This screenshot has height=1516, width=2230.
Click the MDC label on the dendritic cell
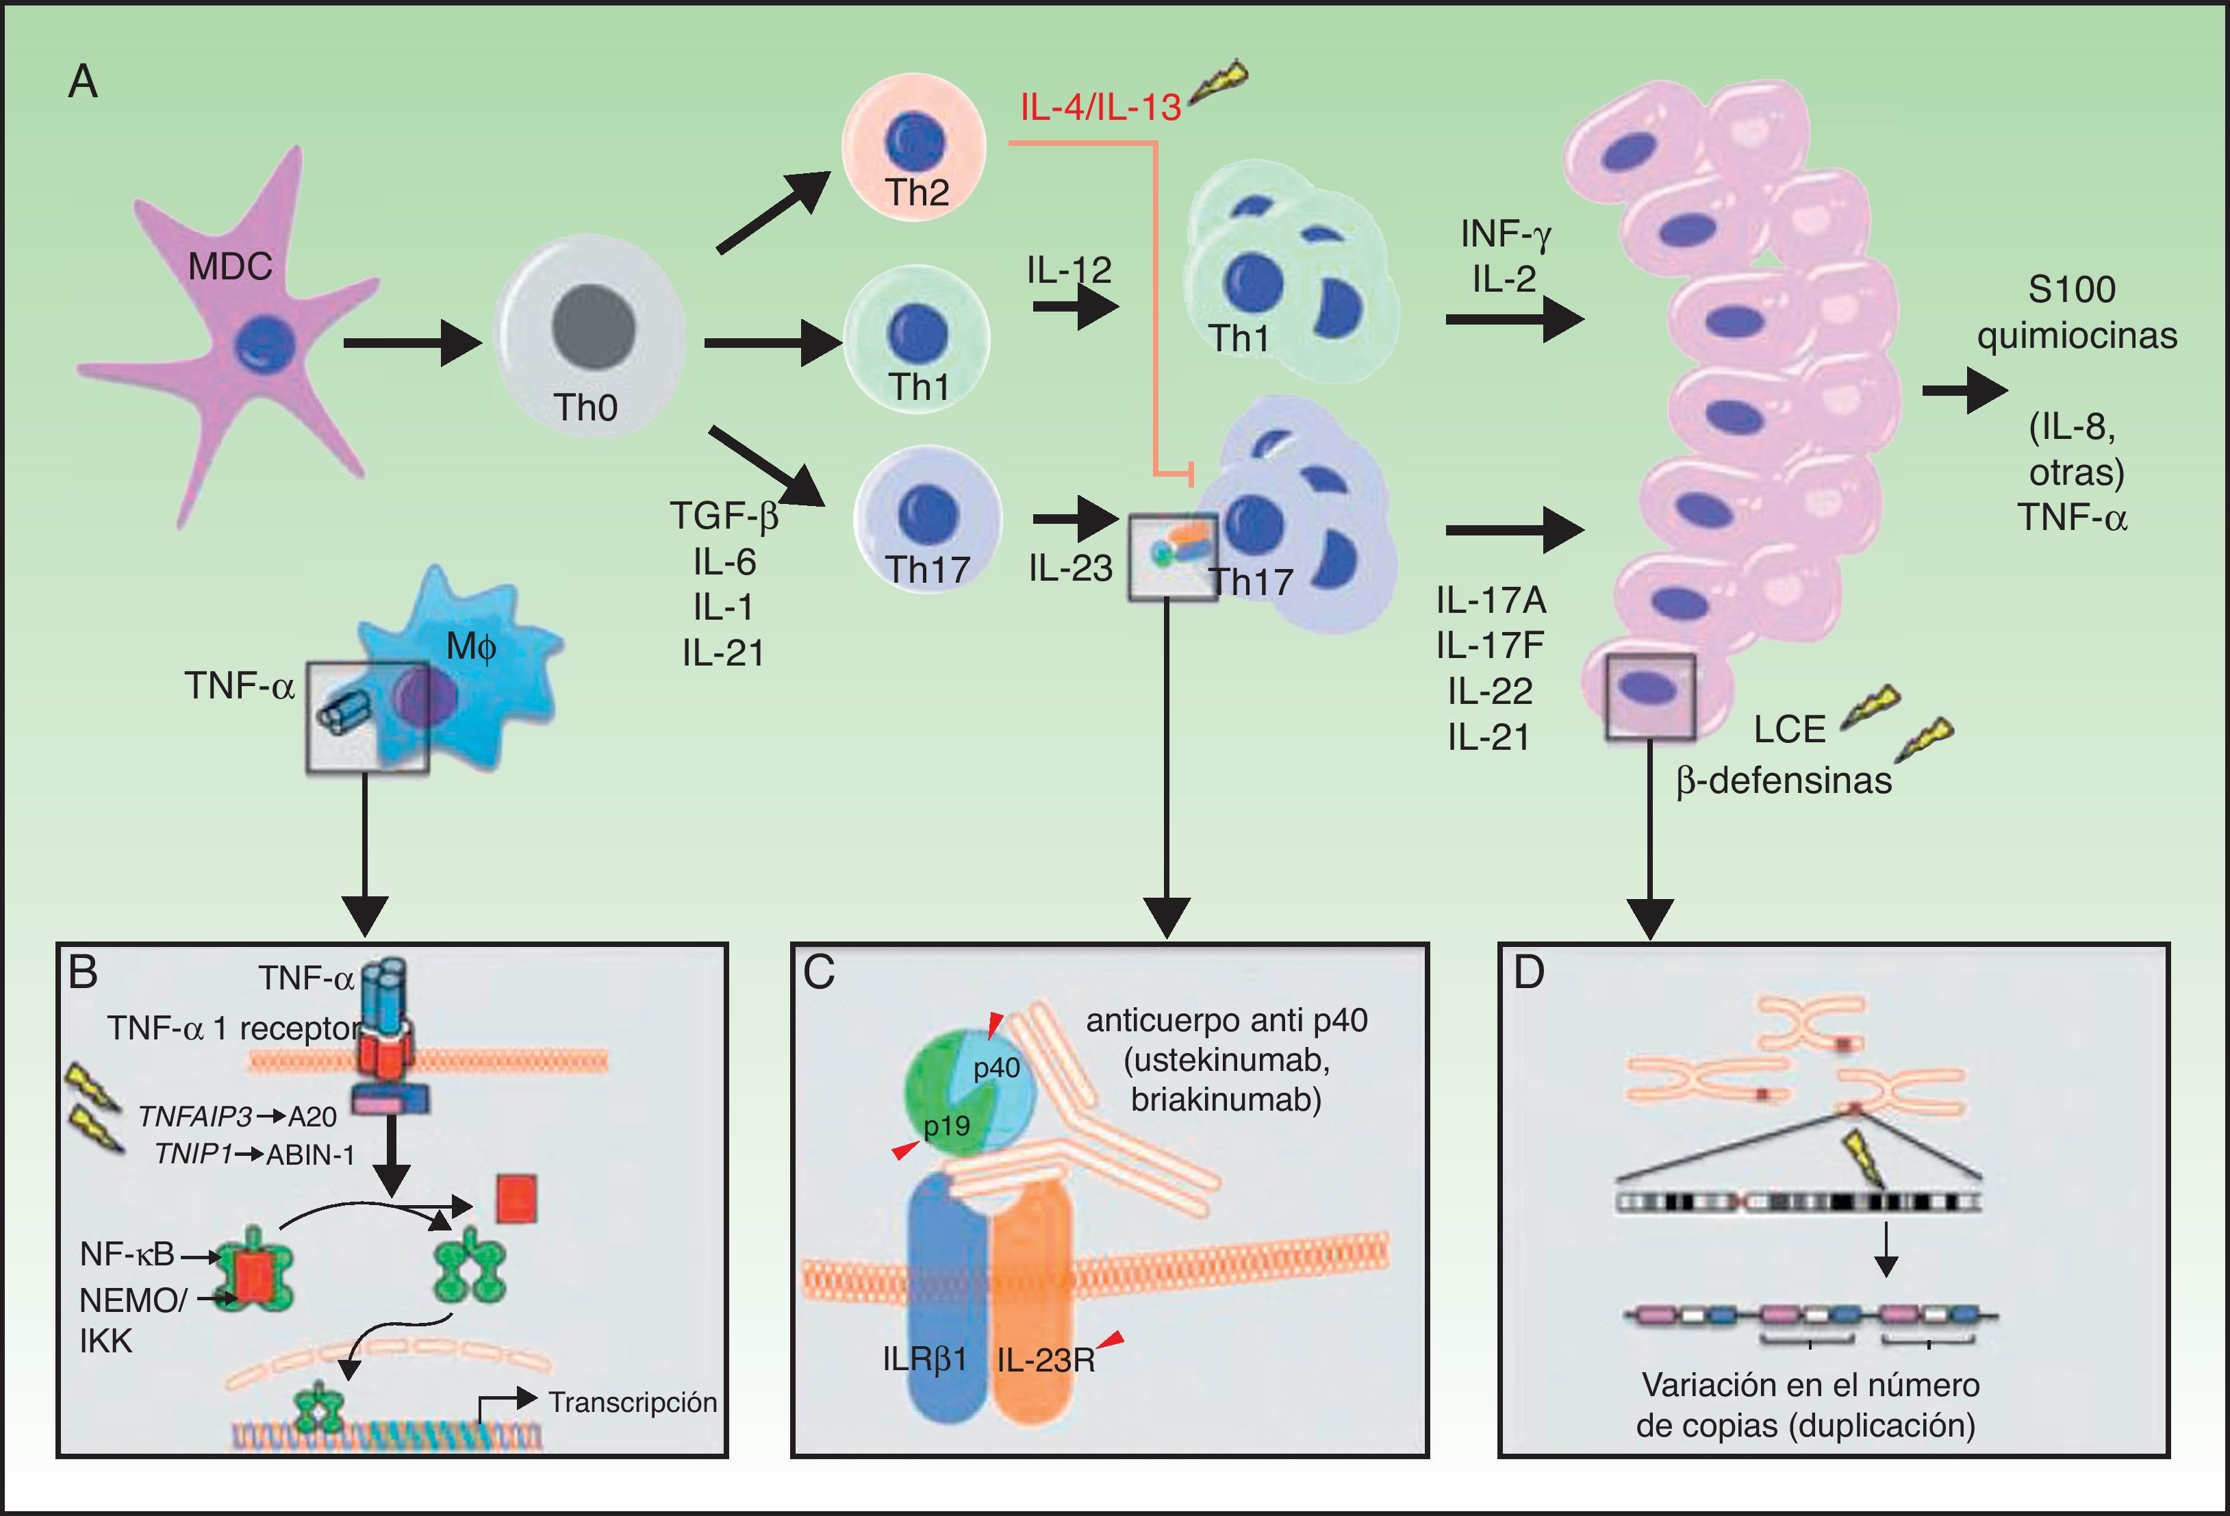click(x=229, y=266)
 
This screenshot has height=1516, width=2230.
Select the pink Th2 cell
click(x=913, y=146)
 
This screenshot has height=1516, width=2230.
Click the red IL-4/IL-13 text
click(x=1100, y=107)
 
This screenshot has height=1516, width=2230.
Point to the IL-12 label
click(x=1069, y=270)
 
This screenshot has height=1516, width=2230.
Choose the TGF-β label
click(x=724, y=516)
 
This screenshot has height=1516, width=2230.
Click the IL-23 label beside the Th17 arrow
click(x=1070, y=568)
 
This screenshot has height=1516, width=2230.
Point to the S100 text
click(x=2072, y=290)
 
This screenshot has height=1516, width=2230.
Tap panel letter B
click(x=84, y=973)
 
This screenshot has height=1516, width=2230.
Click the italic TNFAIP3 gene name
click(x=194, y=1117)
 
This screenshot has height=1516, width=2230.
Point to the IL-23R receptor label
click(x=1046, y=1360)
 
